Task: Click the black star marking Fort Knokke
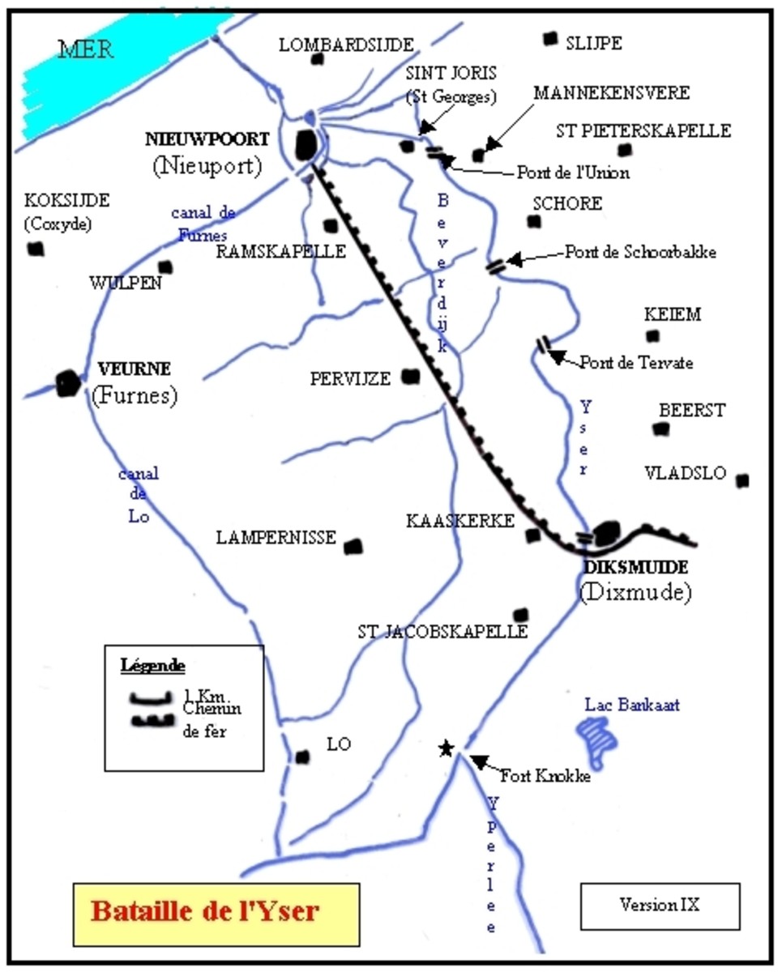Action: [445, 748]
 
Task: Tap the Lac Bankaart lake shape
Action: [597, 738]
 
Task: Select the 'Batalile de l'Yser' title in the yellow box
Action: [205, 910]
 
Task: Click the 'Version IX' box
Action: [659, 904]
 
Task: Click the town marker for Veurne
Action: [68, 382]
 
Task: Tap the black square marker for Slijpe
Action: [551, 38]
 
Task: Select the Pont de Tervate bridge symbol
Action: [545, 345]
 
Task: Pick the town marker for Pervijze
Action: [411, 377]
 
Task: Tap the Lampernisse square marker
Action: [353, 548]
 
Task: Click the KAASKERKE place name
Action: [459, 522]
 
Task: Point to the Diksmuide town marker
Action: [606, 534]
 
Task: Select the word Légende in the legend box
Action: [152, 667]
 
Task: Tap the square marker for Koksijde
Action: [35, 249]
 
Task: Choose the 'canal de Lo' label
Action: [138, 494]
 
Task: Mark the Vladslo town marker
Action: [742, 480]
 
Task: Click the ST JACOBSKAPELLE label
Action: [442, 631]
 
